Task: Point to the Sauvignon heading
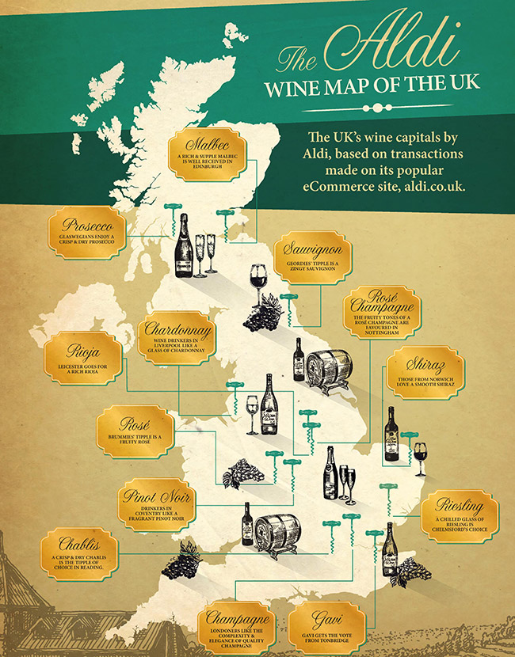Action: [x=312, y=250]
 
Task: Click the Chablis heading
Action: [x=78, y=544]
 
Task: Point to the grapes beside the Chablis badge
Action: [x=180, y=564]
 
